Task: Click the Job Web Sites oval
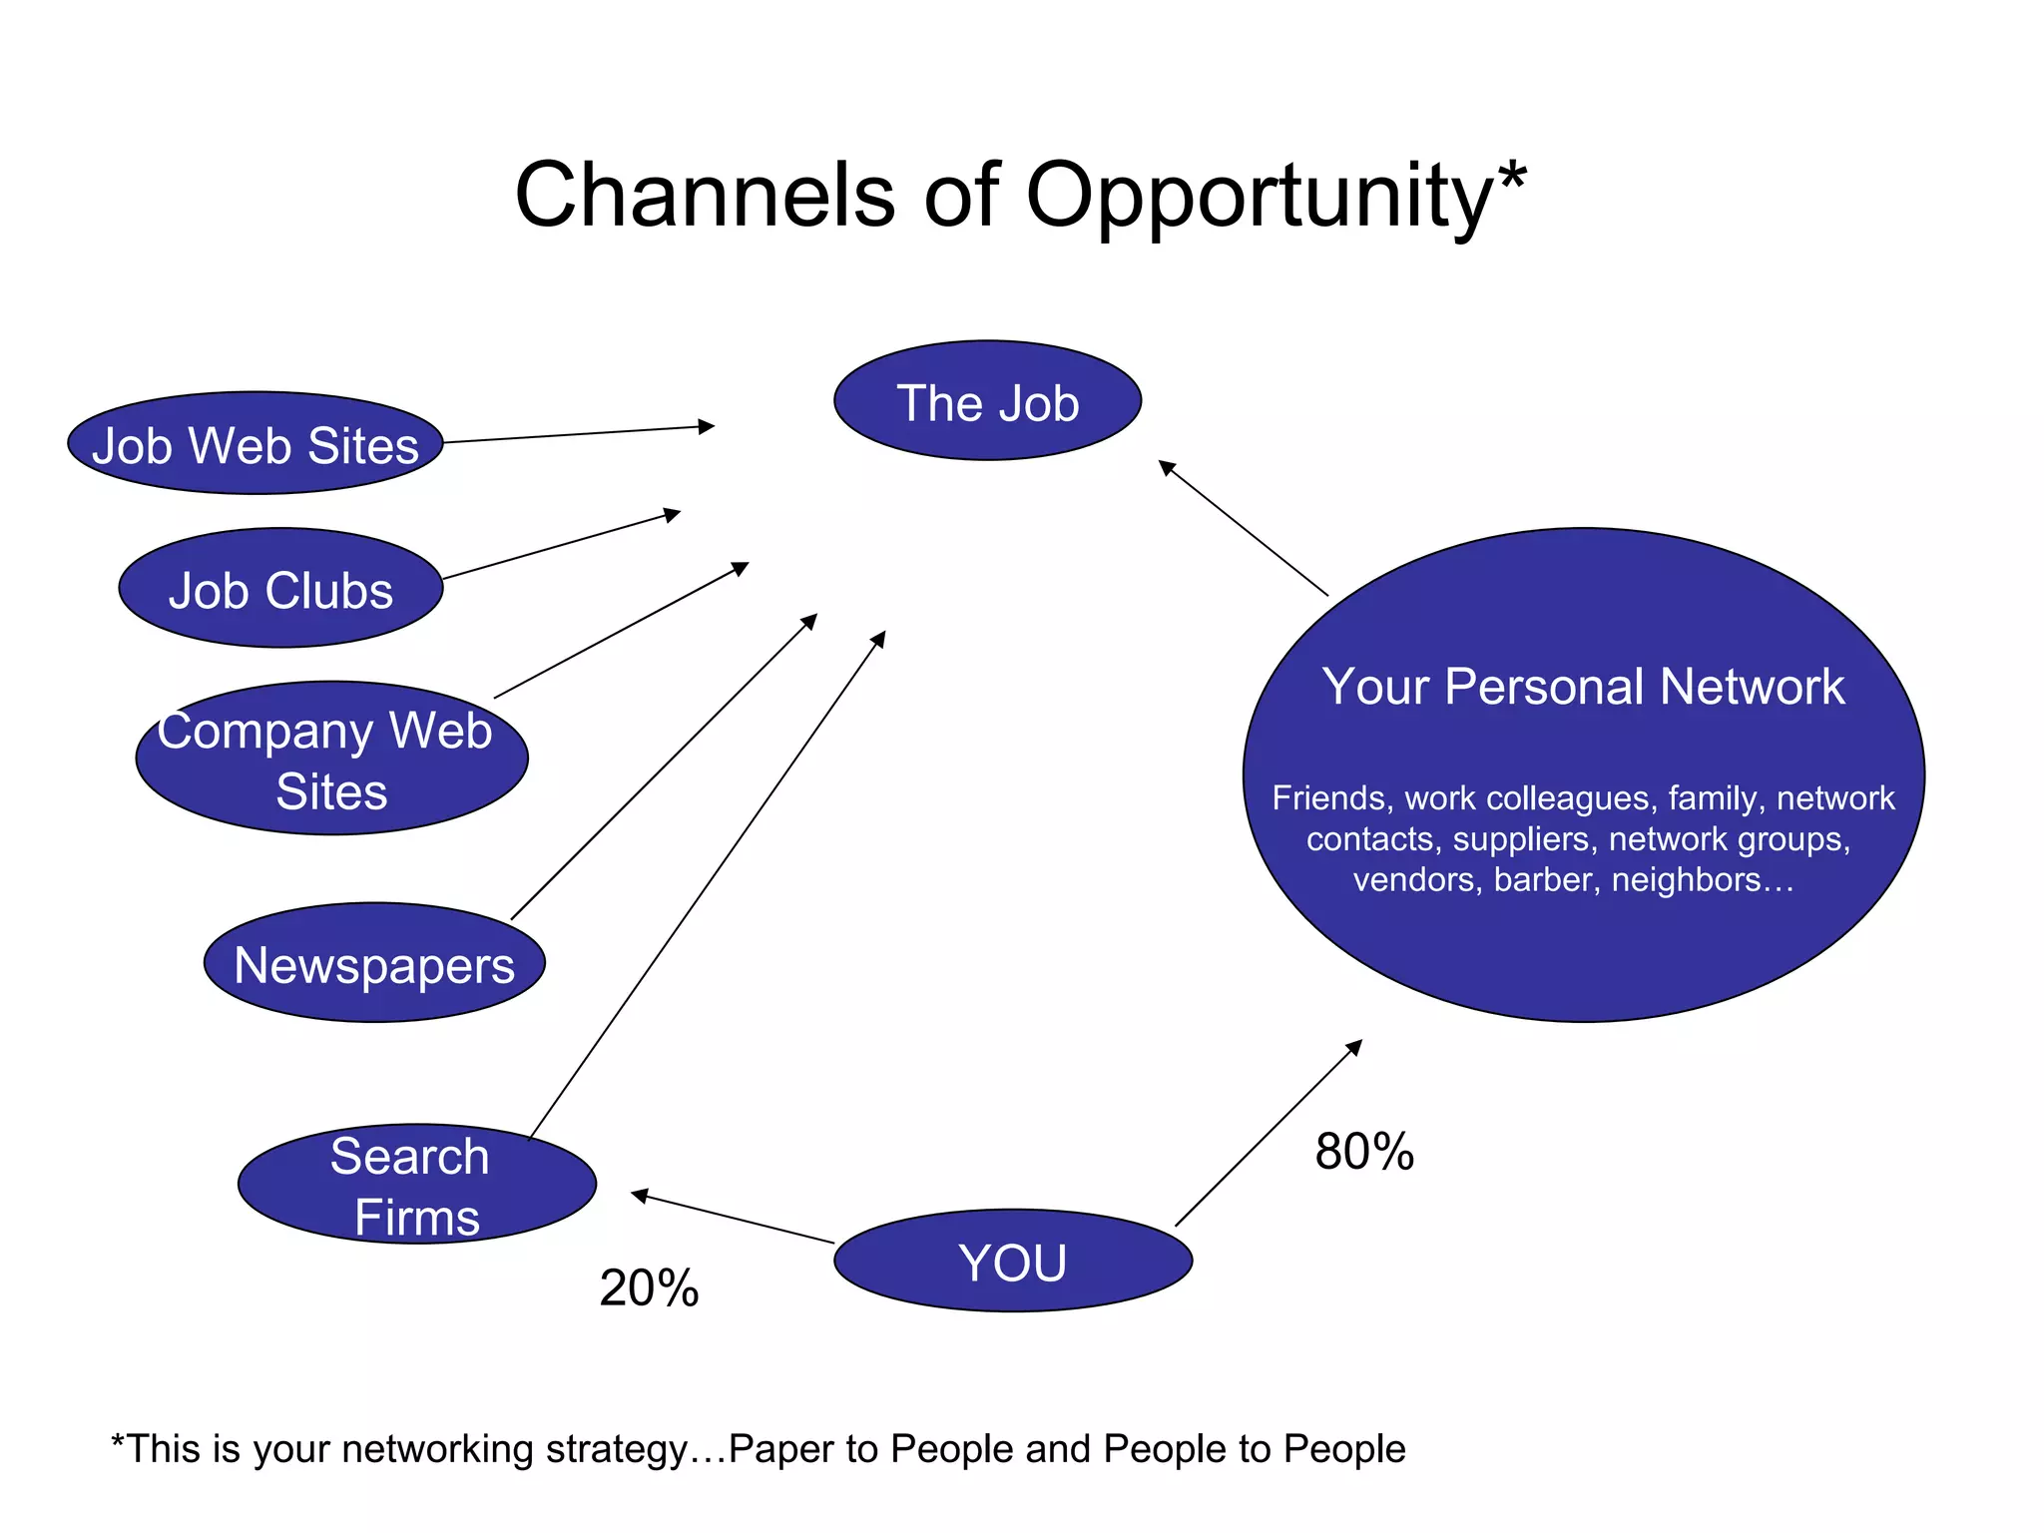click(x=255, y=444)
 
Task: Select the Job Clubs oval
click(x=280, y=589)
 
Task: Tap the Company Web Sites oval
click(x=331, y=759)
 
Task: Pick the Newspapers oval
click(x=374, y=964)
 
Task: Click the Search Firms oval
click(x=417, y=1185)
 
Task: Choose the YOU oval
click(x=1013, y=1262)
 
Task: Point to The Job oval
click(x=987, y=402)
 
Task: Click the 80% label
click(x=1363, y=1151)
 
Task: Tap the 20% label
click(x=649, y=1287)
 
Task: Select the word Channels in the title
click(x=705, y=195)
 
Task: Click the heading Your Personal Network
click(x=1583, y=687)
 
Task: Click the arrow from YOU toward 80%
click(x=1268, y=1134)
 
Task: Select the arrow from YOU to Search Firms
click(x=733, y=1219)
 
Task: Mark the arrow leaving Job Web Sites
click(x=579, y=434)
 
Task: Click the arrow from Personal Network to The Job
click(x=1243, y=528)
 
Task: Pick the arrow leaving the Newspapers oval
click(x=664, y=766)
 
